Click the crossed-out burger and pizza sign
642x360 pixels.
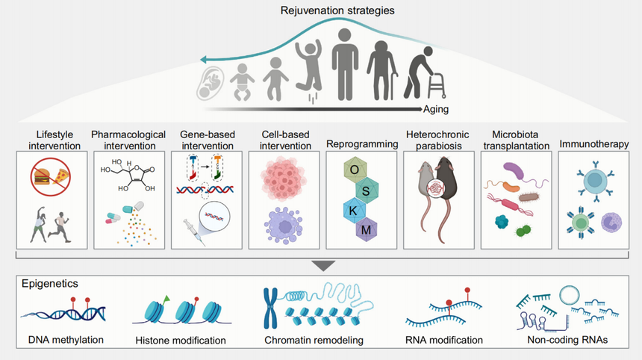pos(53,177)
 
